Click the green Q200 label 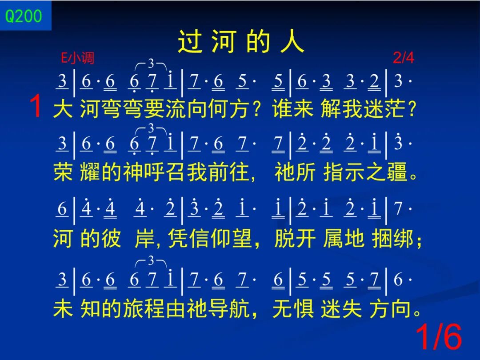pos(24,16)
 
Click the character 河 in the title pos(224,42)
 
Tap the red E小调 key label pos(77,58)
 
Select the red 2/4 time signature pos(404,57)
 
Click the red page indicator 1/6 pos(438,336)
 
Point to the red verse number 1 pos(36,106)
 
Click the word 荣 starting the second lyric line pos(63,172)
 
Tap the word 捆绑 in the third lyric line pos(392,239)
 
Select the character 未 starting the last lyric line pos(63,308)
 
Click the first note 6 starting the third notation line pos(62,209)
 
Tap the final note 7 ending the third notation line pos(398,209)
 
